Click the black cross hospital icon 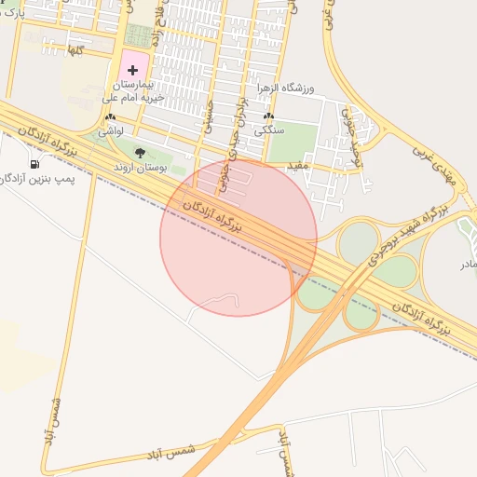point(131,71)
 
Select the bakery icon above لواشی point(111,117)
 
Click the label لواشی point(111,132)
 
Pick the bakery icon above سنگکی point(269,117)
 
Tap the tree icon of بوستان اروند point(140,152)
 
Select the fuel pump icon point(34,164)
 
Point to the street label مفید point(297,165)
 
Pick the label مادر point(467,265)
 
